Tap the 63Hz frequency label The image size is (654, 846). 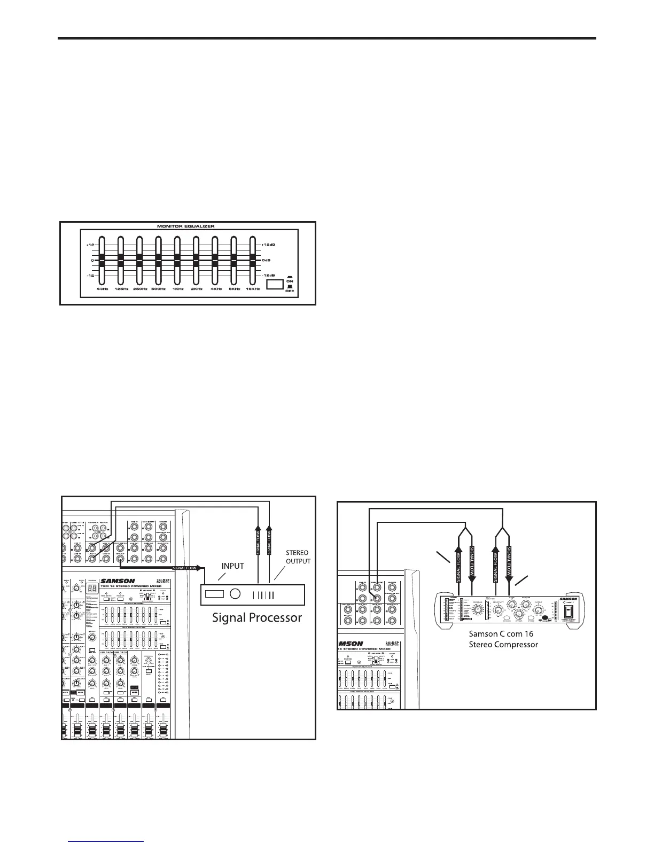[x=103, y=289]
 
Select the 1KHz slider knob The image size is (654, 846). [x=177, y=261]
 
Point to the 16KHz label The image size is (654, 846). [x=252, y=289]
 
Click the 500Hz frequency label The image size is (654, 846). [x=159, y=289]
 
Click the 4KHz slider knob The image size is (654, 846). [x=215, y=261]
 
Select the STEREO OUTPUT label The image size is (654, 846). [x=298, y=557]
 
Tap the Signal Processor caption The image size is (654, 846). [x=257, y=618]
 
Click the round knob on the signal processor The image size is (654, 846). [x=235, y=594]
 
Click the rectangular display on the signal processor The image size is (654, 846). [x=215, y=594]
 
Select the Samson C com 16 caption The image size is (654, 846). [x=501, y=634]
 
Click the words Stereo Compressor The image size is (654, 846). [x=503, y=645]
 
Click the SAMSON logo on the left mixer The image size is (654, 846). [x=120, y=581]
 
